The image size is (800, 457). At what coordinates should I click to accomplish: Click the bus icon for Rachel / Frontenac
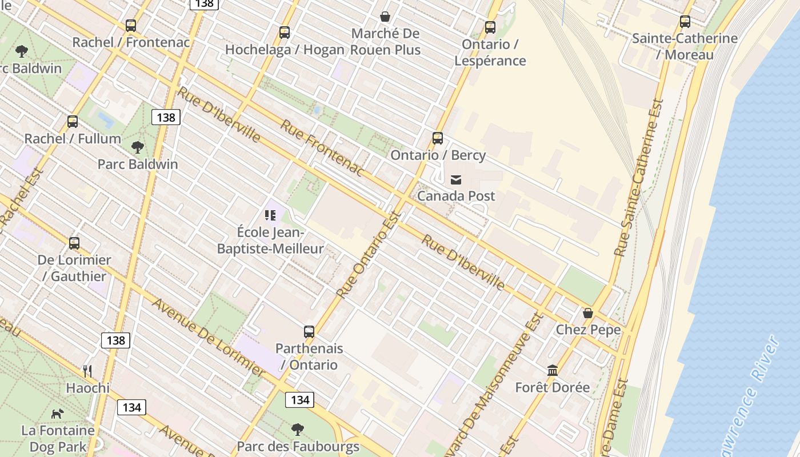(x=131, y=26)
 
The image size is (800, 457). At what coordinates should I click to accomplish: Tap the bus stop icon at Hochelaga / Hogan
(x=285, y=33)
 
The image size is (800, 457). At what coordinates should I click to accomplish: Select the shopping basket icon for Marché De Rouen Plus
(x=386, y=17)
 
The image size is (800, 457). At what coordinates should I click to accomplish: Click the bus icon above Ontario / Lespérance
(x=490, y=27)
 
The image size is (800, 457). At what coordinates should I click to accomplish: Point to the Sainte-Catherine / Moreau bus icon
(x=685, y=22)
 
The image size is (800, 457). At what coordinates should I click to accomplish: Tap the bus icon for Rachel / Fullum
(x=73, y=122)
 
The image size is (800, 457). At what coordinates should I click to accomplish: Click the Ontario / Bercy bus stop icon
(x=438, y=138)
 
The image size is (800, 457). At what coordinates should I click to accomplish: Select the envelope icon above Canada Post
(x=456, y=180)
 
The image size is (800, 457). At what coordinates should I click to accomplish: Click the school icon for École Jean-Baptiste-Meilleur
(x=270, y=215)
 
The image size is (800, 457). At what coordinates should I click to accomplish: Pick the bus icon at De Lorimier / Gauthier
(x=74, y=243)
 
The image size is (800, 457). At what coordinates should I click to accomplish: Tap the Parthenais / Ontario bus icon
(x=309, y=332)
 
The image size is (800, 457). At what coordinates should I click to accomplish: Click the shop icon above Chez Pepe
(x=588, y=313)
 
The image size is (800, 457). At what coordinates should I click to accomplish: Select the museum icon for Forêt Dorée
(x=552, y=371)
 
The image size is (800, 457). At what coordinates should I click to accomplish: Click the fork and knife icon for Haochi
(x=87, y=371)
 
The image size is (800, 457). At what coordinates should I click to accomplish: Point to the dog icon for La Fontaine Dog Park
(x=58, y=414)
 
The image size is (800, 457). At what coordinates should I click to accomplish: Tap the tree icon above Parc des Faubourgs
(x=297, y=430)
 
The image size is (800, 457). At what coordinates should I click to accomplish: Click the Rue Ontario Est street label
(x=369, y=255)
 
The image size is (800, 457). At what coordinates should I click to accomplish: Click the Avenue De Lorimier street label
(x=208, y=338)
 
